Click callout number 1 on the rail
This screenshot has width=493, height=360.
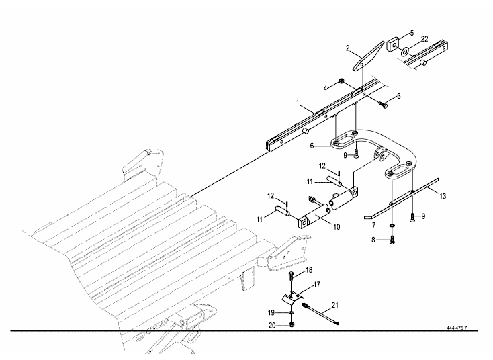pyautogui.click(x=297, y=103)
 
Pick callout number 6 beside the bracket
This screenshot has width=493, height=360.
pyautogui.click(x=312, y=145)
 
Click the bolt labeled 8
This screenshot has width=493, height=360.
pyautogui.click(x=392, y=240)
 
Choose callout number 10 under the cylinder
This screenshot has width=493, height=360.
pyautogui.click(x=336, y=227)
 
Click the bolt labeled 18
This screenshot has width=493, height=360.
pyautogui.click(x=291, y=275)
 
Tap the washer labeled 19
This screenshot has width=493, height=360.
pyautogui.click(x=291, y=313)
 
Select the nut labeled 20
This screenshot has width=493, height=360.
pyautogui.click(x=291, y=326)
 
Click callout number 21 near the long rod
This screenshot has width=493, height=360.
pyautogui.click(x=335, y=306)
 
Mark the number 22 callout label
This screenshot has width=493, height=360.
pyautogui.click(x=424, y=40)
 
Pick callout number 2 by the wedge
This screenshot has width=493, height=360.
pyautogui.click(x=348, y=48)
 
